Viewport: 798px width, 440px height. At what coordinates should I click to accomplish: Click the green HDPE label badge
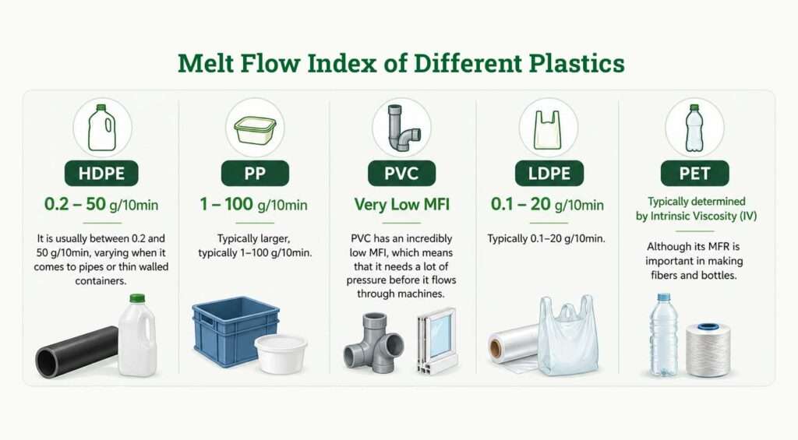[x=101, y=173]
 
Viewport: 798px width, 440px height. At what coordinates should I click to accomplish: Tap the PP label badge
[x=255, y=173]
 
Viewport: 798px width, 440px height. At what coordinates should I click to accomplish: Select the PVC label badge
[x=402, y=173]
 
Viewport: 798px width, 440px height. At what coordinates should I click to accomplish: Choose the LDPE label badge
[x=548, y=173]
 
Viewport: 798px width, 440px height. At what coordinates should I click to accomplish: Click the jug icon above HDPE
[x=101, y=127]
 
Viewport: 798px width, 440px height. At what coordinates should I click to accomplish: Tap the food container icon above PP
[x=255, y=128]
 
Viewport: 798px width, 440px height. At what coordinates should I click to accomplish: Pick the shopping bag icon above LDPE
[x=548, y=128]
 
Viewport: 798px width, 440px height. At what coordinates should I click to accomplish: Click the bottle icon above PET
[x=694, y=128]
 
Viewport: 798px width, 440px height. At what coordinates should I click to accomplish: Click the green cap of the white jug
[x=137, y=298]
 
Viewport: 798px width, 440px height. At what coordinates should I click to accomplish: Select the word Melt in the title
[x=210, y=63]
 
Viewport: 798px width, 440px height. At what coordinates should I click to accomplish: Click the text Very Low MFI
[x=402, y=205]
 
